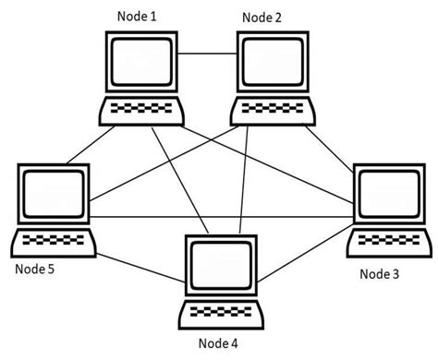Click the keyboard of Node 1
click(140, 112)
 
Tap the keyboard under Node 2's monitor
click(274, 112)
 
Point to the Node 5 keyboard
click(54, 242)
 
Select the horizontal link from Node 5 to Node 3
click(222, 218)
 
